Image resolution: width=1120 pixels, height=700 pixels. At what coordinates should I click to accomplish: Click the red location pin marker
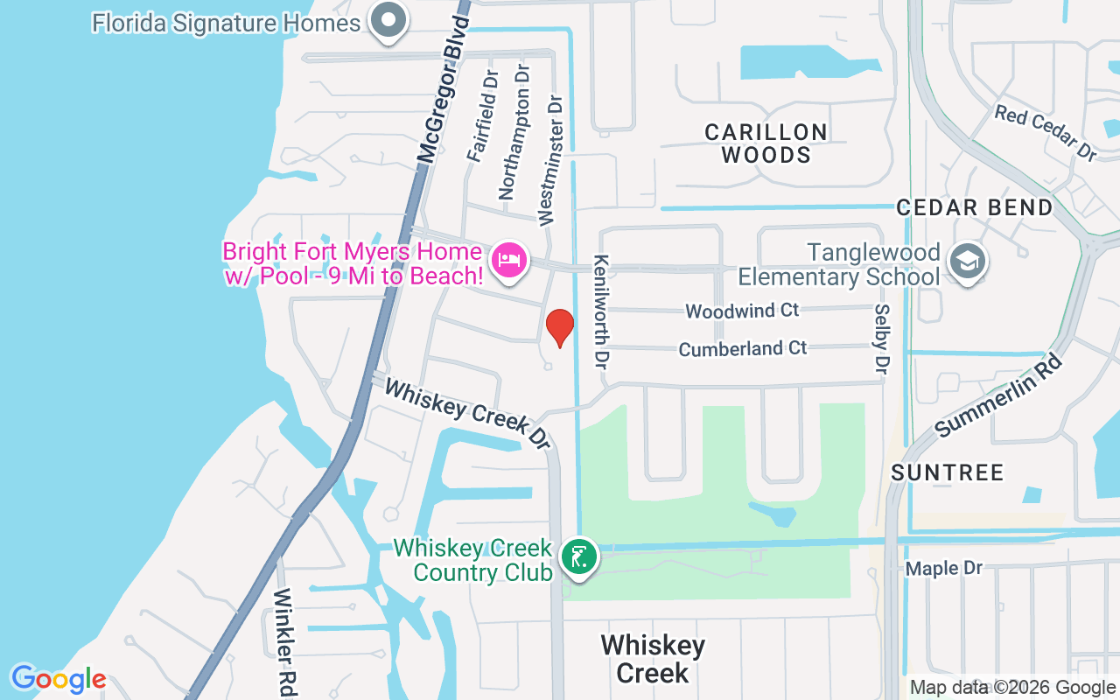coord(560,327)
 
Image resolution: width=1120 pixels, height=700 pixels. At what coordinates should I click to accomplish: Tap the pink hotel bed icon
coord(509,260)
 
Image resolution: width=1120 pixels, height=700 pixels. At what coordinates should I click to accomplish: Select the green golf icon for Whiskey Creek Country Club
coord(578,556)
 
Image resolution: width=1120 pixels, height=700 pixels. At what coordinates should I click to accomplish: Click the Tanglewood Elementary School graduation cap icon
coord(968,262)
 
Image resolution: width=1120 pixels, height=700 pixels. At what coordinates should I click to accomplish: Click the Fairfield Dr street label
coord(482,116)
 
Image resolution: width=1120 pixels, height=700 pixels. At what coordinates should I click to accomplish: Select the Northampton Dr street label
coord(515,132)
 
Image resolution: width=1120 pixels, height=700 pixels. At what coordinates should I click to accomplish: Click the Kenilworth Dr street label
coord(601,311)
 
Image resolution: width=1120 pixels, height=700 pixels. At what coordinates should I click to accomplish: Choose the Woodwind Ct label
coord(742,311)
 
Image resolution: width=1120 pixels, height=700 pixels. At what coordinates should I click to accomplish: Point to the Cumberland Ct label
coord(743,348)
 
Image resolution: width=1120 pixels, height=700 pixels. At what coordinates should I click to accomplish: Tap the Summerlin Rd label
coord(997,395)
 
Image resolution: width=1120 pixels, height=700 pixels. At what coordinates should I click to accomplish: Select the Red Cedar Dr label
coord(1045,132)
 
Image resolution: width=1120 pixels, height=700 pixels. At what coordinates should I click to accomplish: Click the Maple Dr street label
coord(944,569)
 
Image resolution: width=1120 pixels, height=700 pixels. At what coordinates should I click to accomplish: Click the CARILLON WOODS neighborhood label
coord(766,143)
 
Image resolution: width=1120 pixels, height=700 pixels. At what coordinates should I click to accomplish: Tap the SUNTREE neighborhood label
coord(947,472)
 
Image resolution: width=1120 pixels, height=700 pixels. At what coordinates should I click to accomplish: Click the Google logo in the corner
coord(58,679)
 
